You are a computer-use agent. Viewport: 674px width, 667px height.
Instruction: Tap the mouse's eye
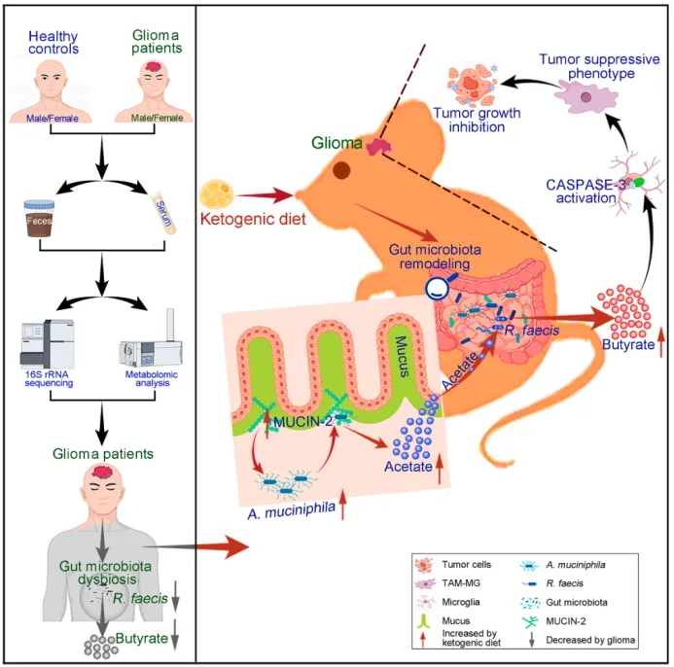pyautogui.click(x=341, y=170)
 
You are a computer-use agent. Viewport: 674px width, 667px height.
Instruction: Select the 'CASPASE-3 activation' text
pyautogui.click(x=580, y=190)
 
